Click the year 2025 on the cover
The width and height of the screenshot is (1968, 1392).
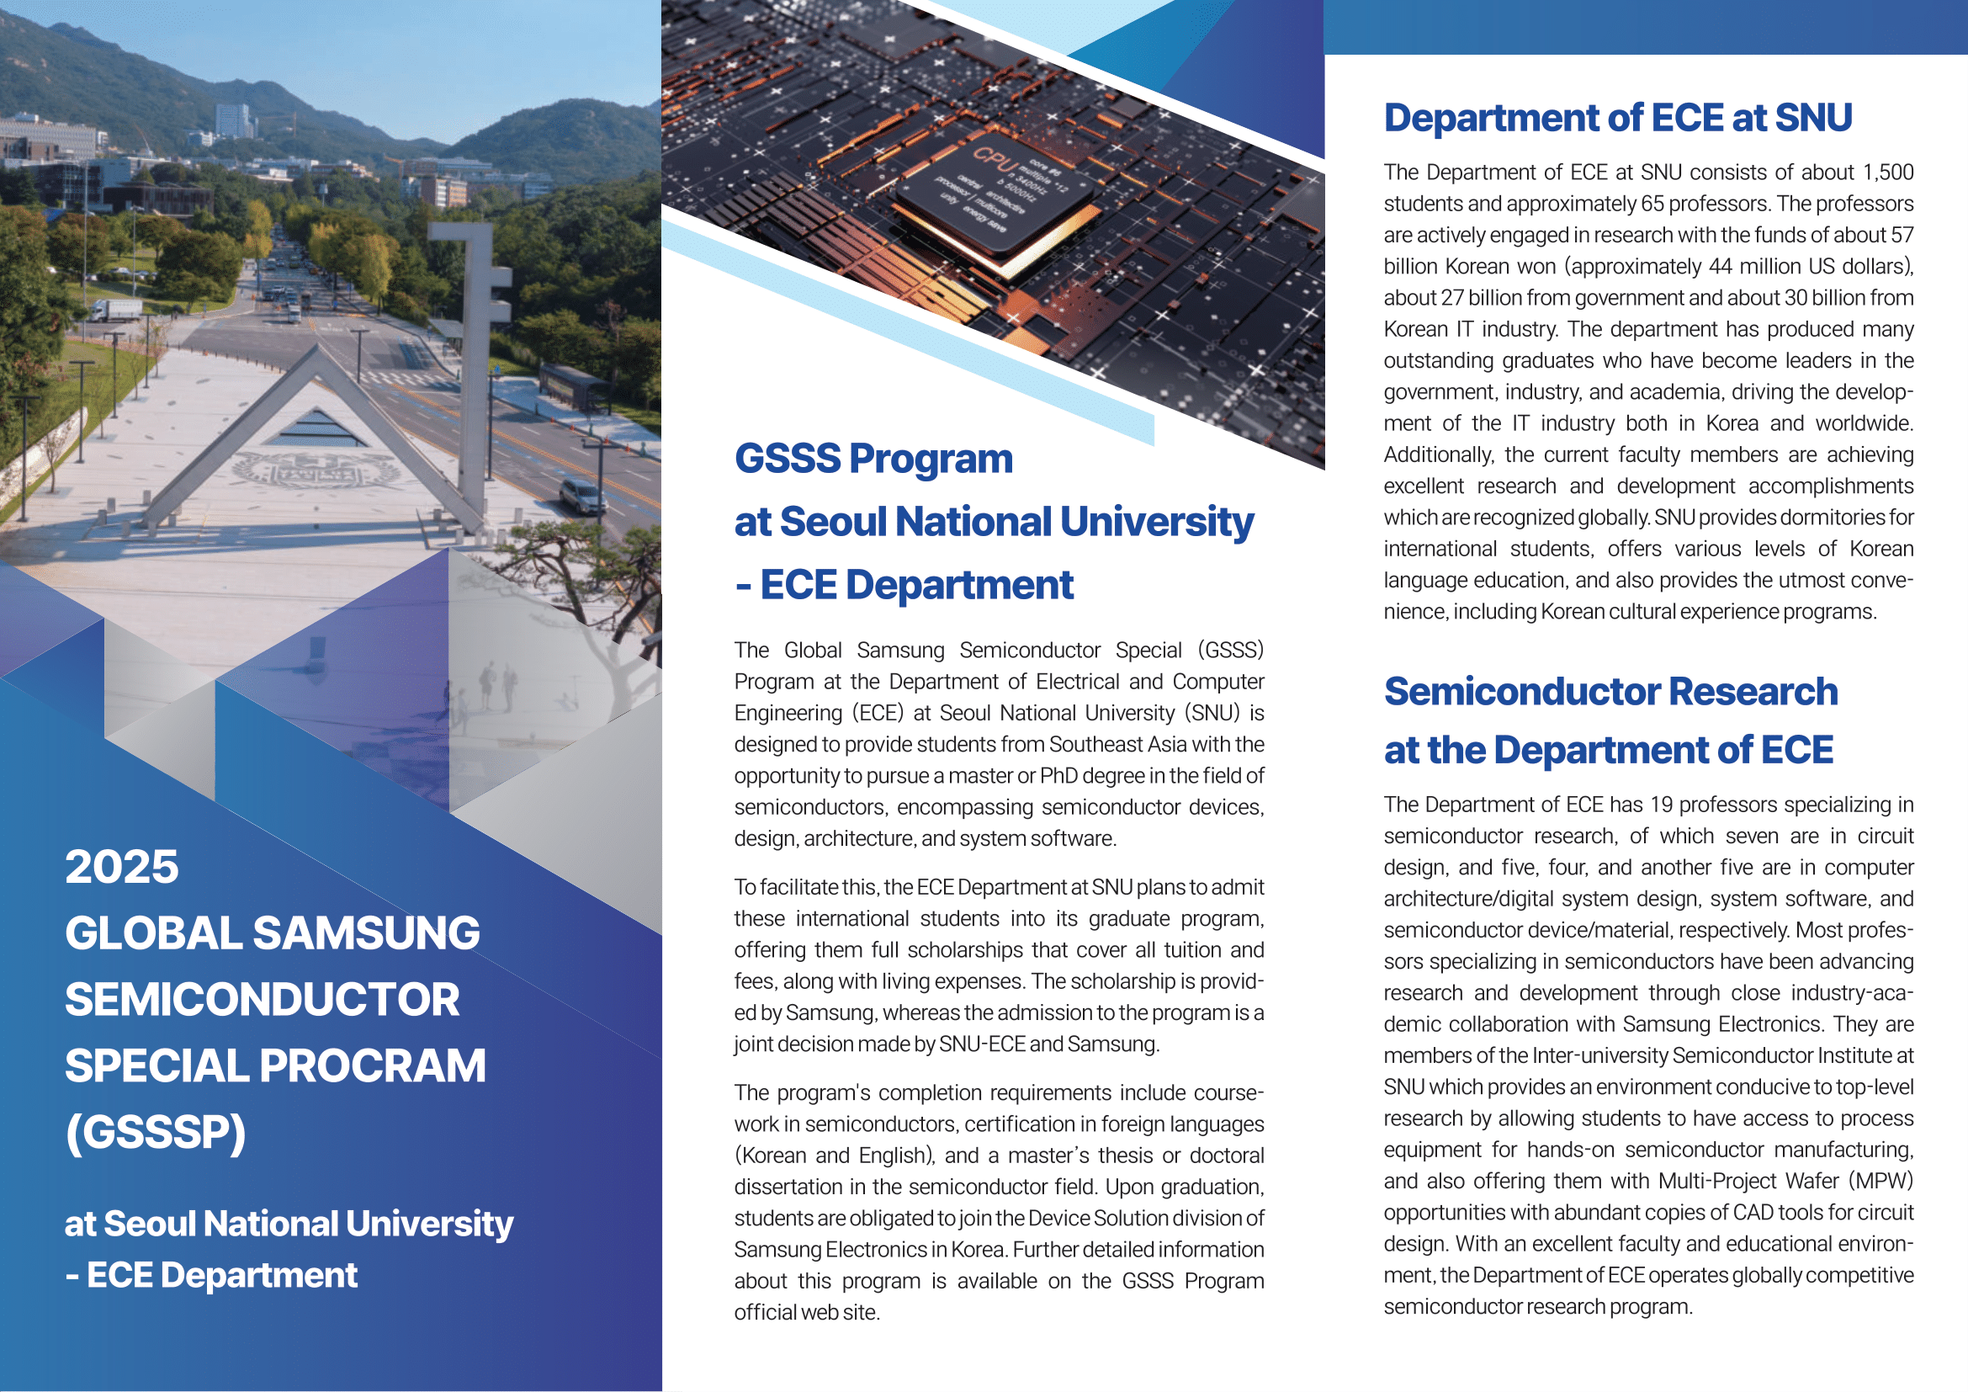[x=122, y=867]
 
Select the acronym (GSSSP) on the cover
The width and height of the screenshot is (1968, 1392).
[x=155, y=1131]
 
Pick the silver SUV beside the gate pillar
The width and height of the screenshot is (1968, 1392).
[x=583, y=496]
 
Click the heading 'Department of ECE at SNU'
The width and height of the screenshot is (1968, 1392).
[x=1617, y=118]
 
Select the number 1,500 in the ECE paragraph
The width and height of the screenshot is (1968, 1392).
[x=1888, y=173]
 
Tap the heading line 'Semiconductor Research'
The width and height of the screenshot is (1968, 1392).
[x=1610, y=692]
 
